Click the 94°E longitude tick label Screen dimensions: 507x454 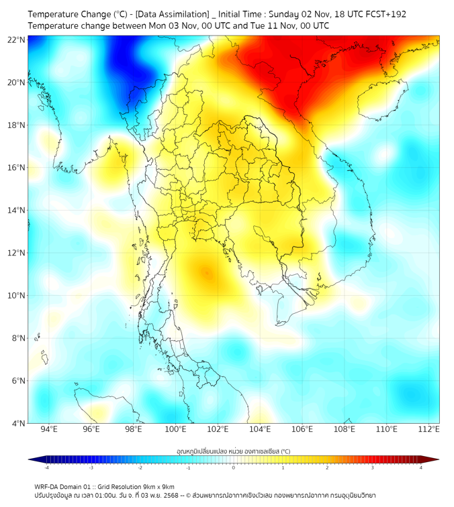coord(49,430)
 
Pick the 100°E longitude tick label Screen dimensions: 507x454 coord(176,430)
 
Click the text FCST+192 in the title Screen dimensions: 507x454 coord(385,13)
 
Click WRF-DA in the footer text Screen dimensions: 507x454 coord(49,487)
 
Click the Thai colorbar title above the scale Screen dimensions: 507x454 coord(233,451)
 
